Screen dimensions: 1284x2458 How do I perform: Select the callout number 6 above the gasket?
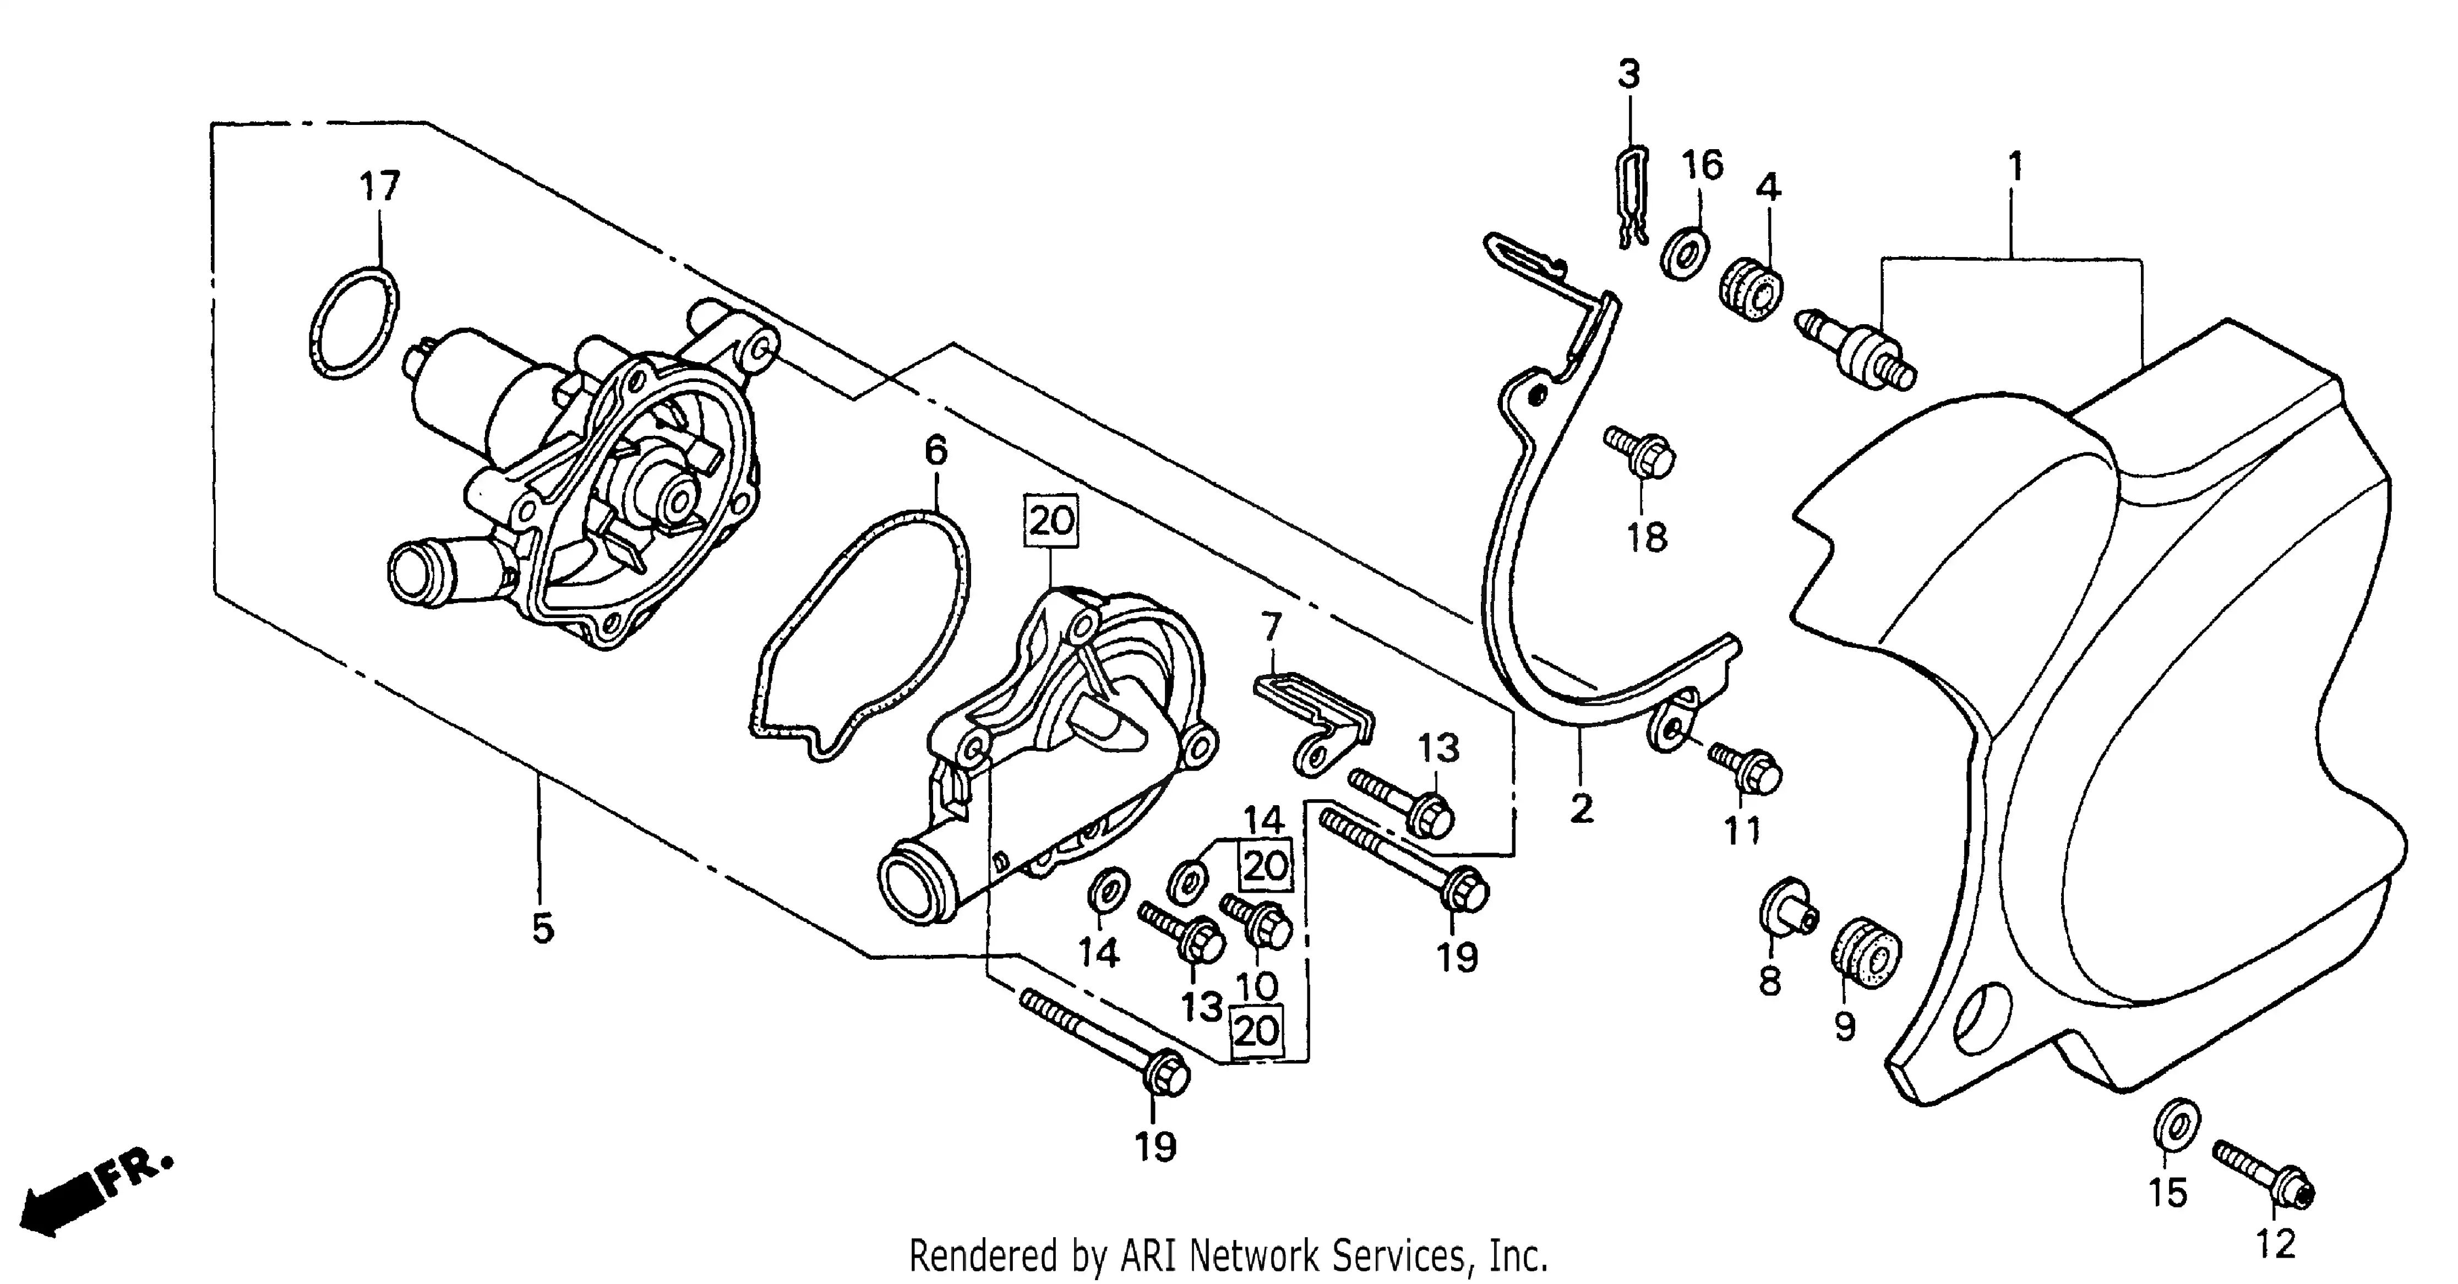[x=936, y=451]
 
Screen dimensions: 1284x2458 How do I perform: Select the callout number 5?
[x=543, y=928]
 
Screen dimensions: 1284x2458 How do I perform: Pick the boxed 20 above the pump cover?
[x=1051, y=521]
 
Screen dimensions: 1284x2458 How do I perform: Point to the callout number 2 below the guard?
[x=1581, y=809]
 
